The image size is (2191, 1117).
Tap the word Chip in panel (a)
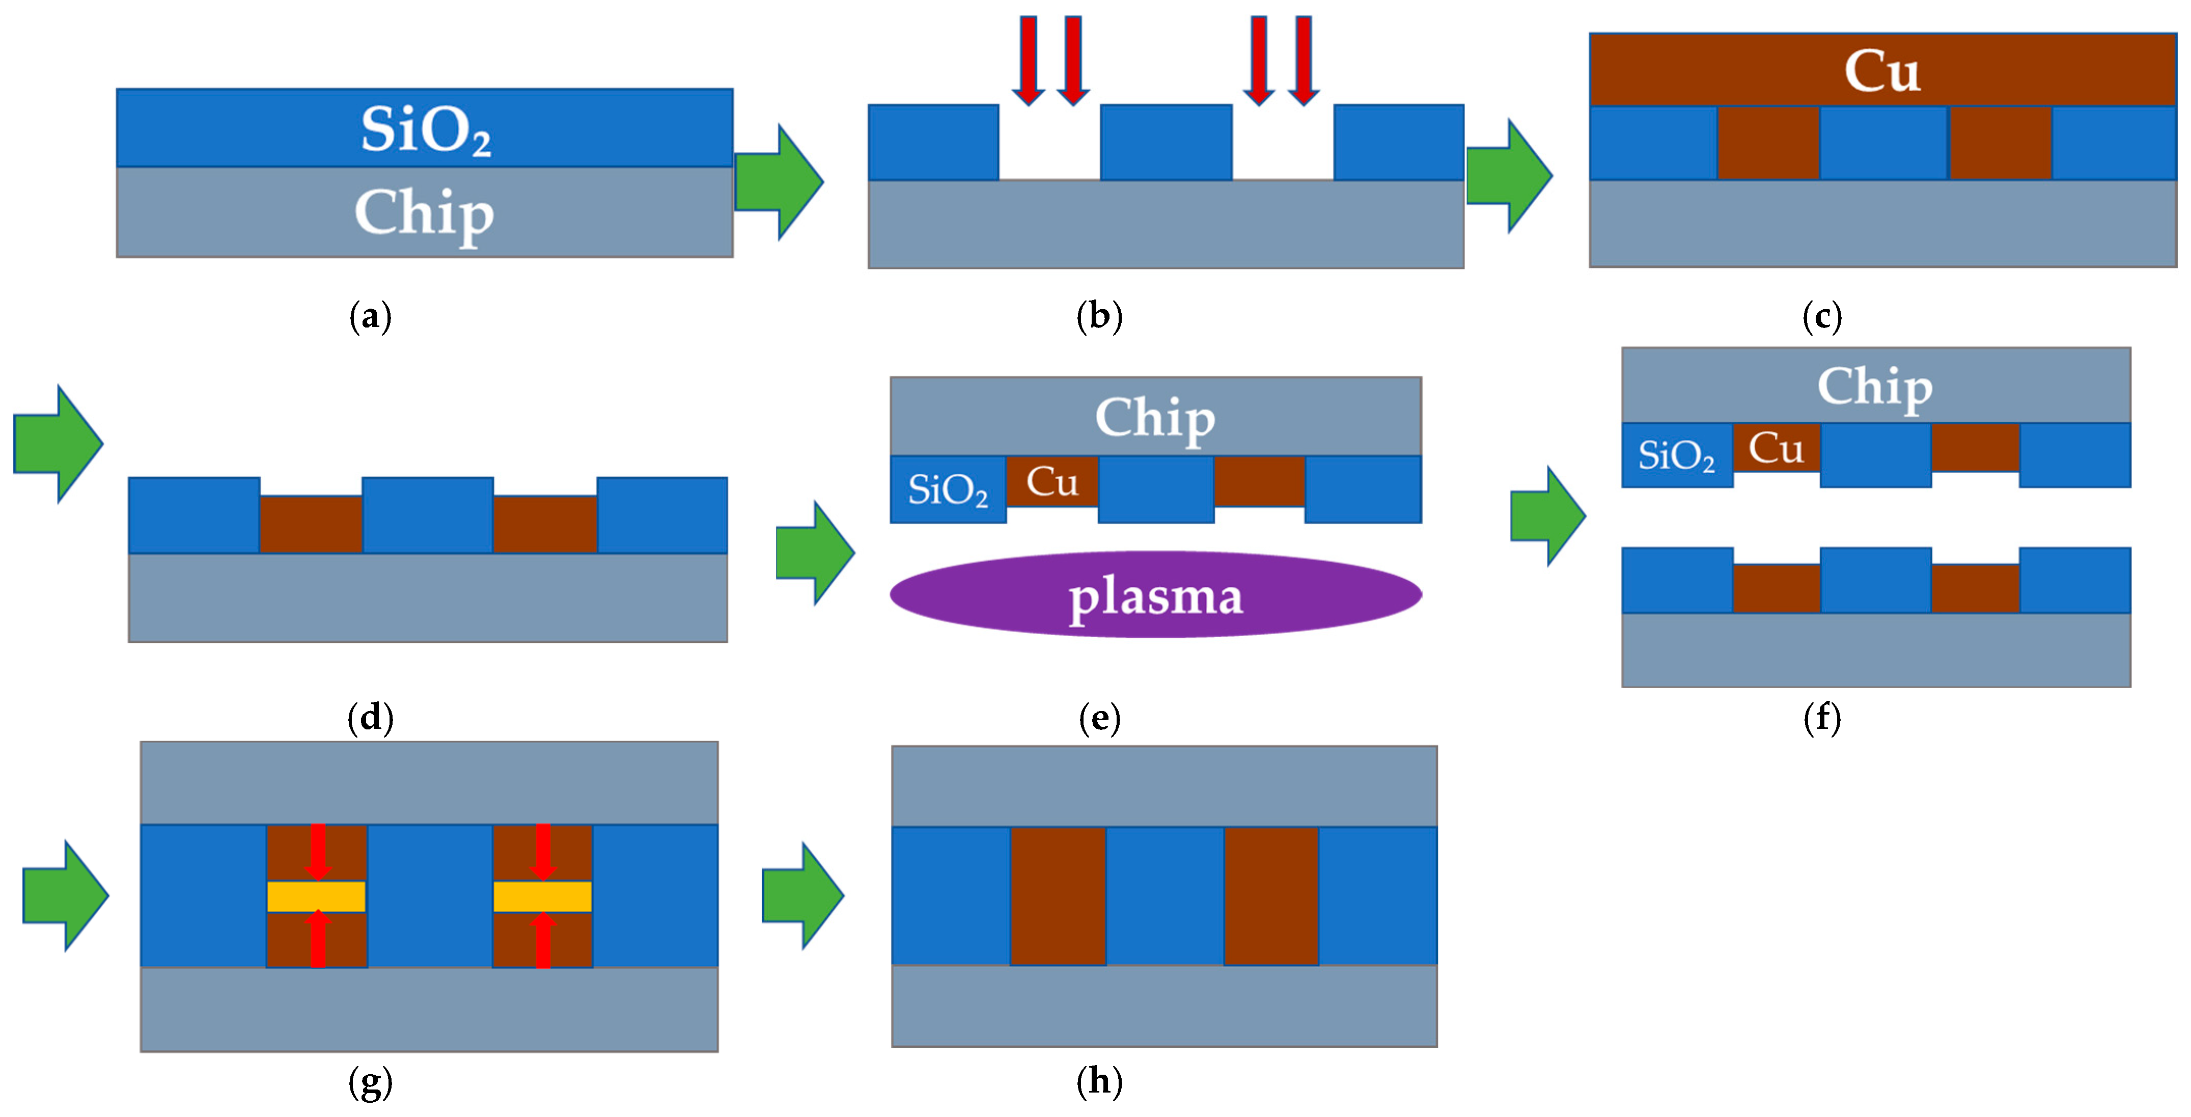coord(425,213)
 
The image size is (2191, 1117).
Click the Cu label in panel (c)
coord(1882,71)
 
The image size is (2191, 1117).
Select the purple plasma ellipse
coord(1156,594)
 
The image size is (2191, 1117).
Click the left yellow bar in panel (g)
coord(316,896)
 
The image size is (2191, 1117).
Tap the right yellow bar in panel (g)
coord(543,896)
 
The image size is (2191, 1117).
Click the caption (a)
coord(371,317)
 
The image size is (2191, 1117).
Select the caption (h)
coord(1100,1082)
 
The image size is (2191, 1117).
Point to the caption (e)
coord(1100,719)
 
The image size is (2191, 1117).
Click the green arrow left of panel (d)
coord(58,443)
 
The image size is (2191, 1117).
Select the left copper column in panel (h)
coord(1058,896)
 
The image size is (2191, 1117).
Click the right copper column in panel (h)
coord(1271,896)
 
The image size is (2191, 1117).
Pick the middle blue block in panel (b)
coord(1166,142)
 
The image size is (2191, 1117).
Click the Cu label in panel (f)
coord(1776,448)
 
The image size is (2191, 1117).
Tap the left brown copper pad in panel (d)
coord(311,524)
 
